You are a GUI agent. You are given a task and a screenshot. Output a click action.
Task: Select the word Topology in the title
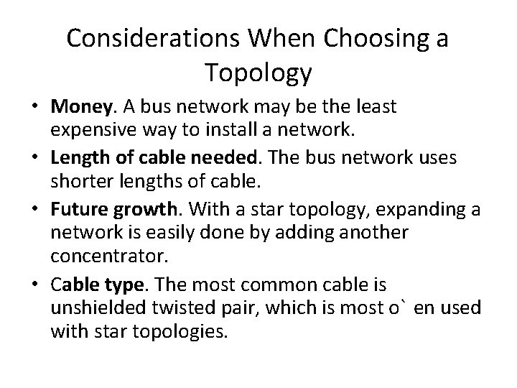258,72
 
